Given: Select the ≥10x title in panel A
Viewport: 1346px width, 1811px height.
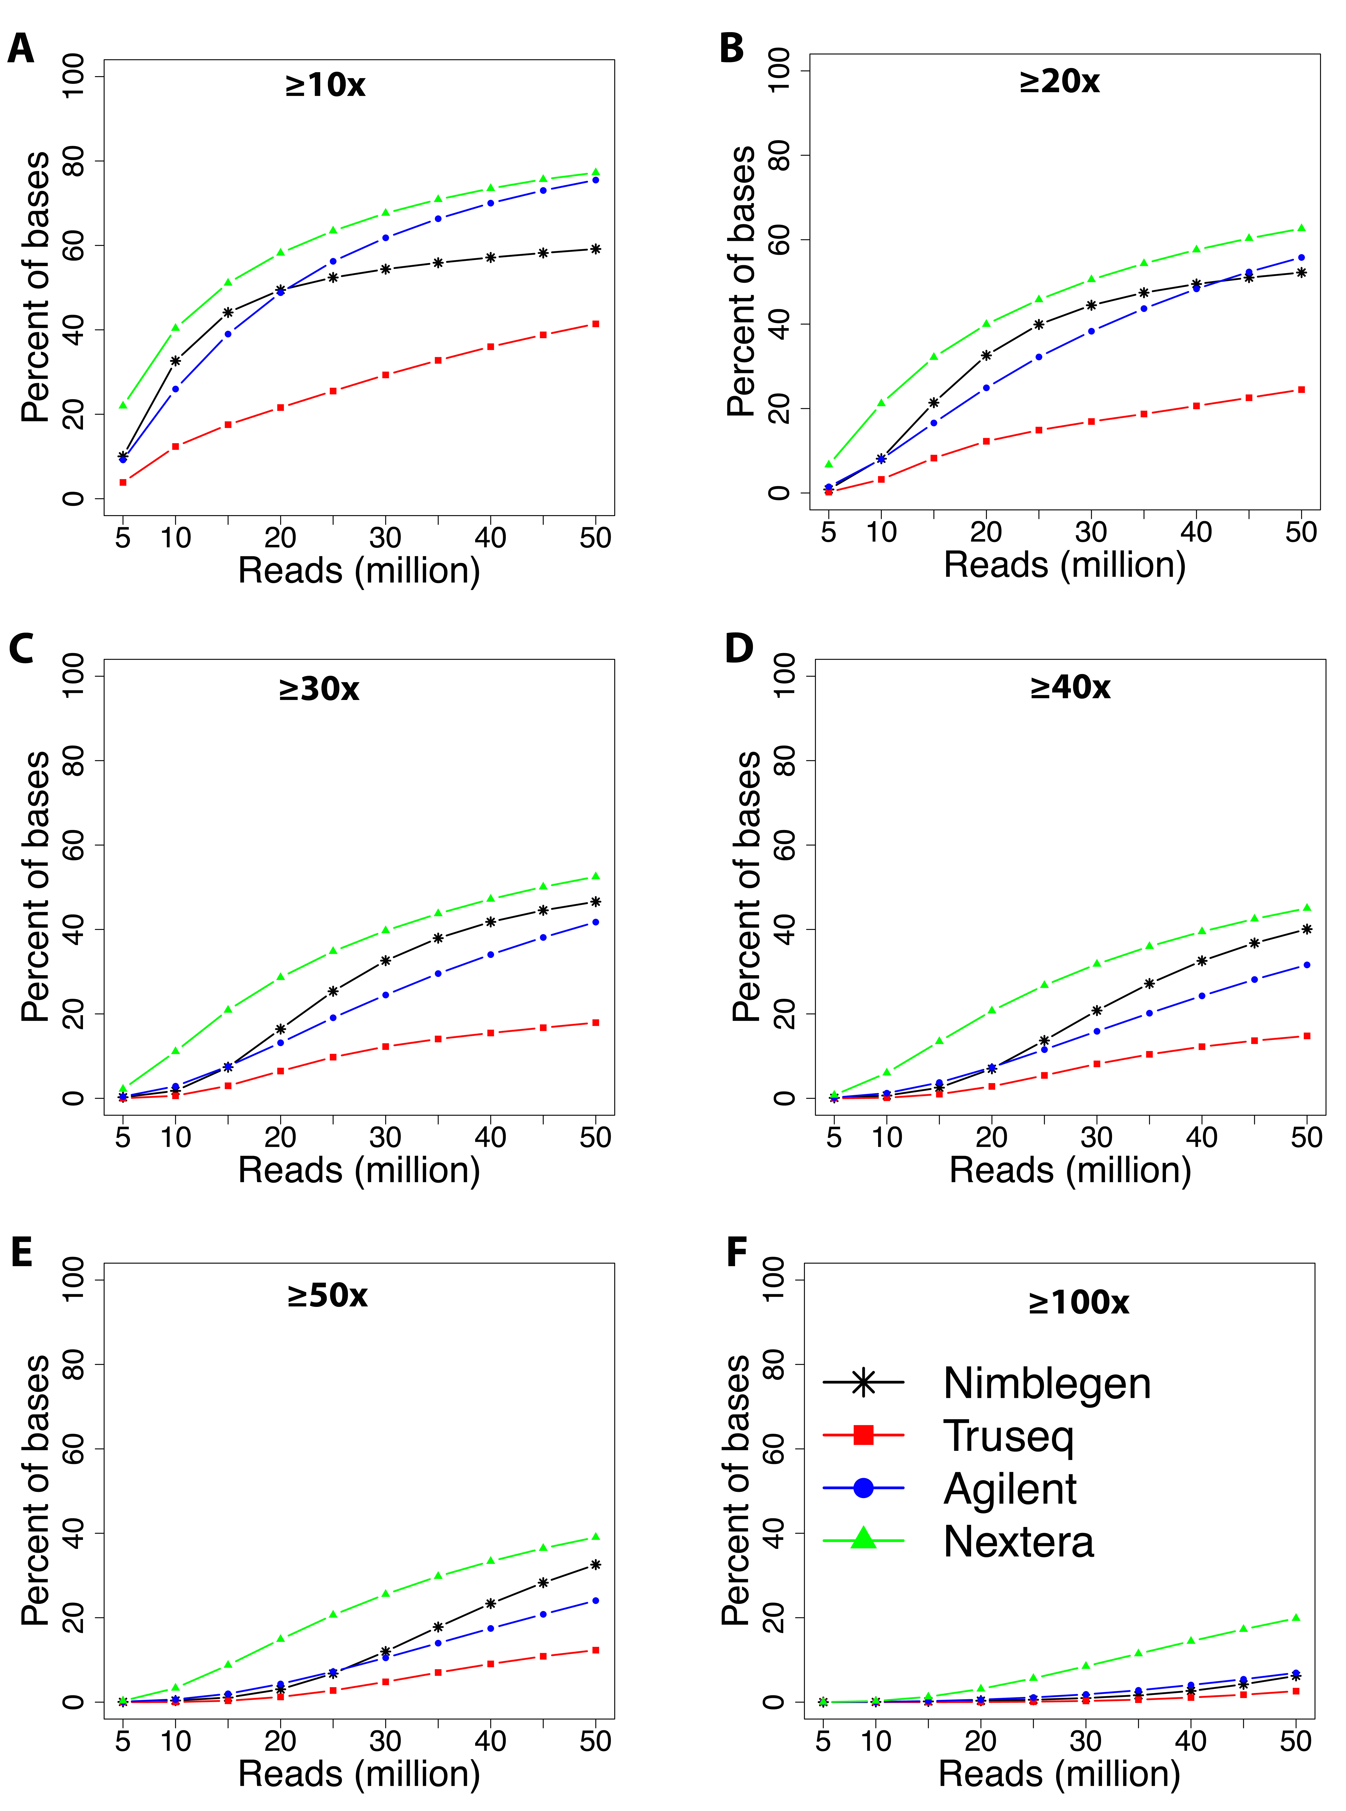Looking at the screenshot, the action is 325,85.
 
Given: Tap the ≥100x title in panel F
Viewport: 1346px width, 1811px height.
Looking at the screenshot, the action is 1079,1302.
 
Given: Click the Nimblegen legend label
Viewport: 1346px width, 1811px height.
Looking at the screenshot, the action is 1047,1383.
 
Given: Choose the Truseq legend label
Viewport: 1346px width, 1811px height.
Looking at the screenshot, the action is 1009,1435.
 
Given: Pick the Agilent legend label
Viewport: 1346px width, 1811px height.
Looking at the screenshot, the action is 1010,1488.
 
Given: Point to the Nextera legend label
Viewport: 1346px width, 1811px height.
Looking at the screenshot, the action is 1019,1541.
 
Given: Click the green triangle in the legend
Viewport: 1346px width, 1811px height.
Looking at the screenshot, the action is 864,1539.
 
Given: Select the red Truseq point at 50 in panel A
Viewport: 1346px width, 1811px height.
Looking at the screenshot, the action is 596,324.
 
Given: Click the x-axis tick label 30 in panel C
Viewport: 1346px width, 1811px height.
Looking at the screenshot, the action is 385,1137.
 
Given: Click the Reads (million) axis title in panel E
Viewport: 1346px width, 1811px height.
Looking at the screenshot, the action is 359,1774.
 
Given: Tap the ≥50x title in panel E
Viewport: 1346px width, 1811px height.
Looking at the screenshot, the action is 327,1295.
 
